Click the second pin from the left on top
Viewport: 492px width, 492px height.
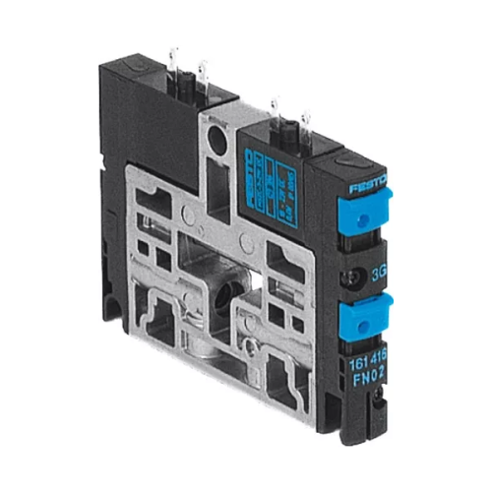204,71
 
